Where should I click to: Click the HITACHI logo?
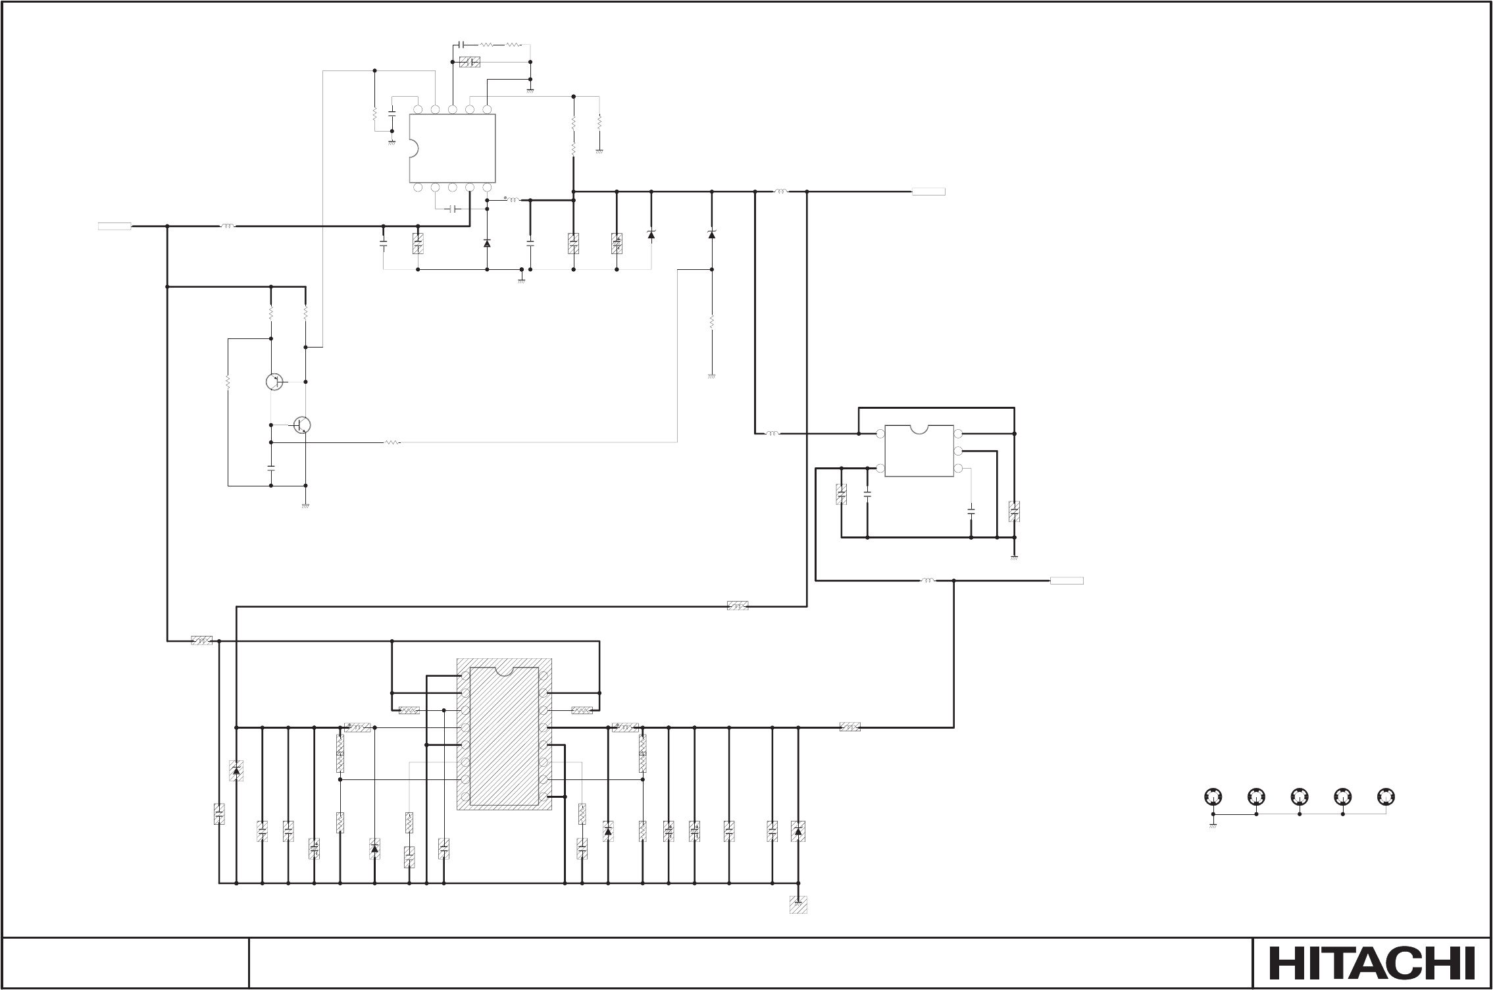pyautogui.click(x=1371, y=963)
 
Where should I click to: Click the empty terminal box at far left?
pyautogui.click(x=114, y=226)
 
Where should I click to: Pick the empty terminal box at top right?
pyautogui.click(x=928, y=192)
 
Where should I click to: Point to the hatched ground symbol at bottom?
pyautogui.click(x=798, y=904)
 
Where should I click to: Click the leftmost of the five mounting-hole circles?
pyautogui.click(x=1213, y=796)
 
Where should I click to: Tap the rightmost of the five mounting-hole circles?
pyautogui.click(x=1386, y=796)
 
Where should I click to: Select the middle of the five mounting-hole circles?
pyautogui.click(x=1300, y=796)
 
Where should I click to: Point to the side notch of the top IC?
pyautogui.click(x=413, y=148)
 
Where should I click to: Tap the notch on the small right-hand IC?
pyautogui.click(x=919, y=429)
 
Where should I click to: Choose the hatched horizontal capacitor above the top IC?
pyautogui.click(x=470, y=62)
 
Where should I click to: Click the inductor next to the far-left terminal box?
pyautogui.click(x=227, y=226)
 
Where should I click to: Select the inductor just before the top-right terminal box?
pyautogui.click(x=781, y=192)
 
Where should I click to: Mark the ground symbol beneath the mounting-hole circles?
pyautogui.click(x=1213, y=825)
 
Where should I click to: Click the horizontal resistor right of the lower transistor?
pyautogui.click(x=392, y=442)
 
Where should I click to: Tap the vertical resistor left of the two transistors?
pyautogui.click(x=228, y=382)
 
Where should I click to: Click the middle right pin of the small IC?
pyautogui.click(x=958, y=451)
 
